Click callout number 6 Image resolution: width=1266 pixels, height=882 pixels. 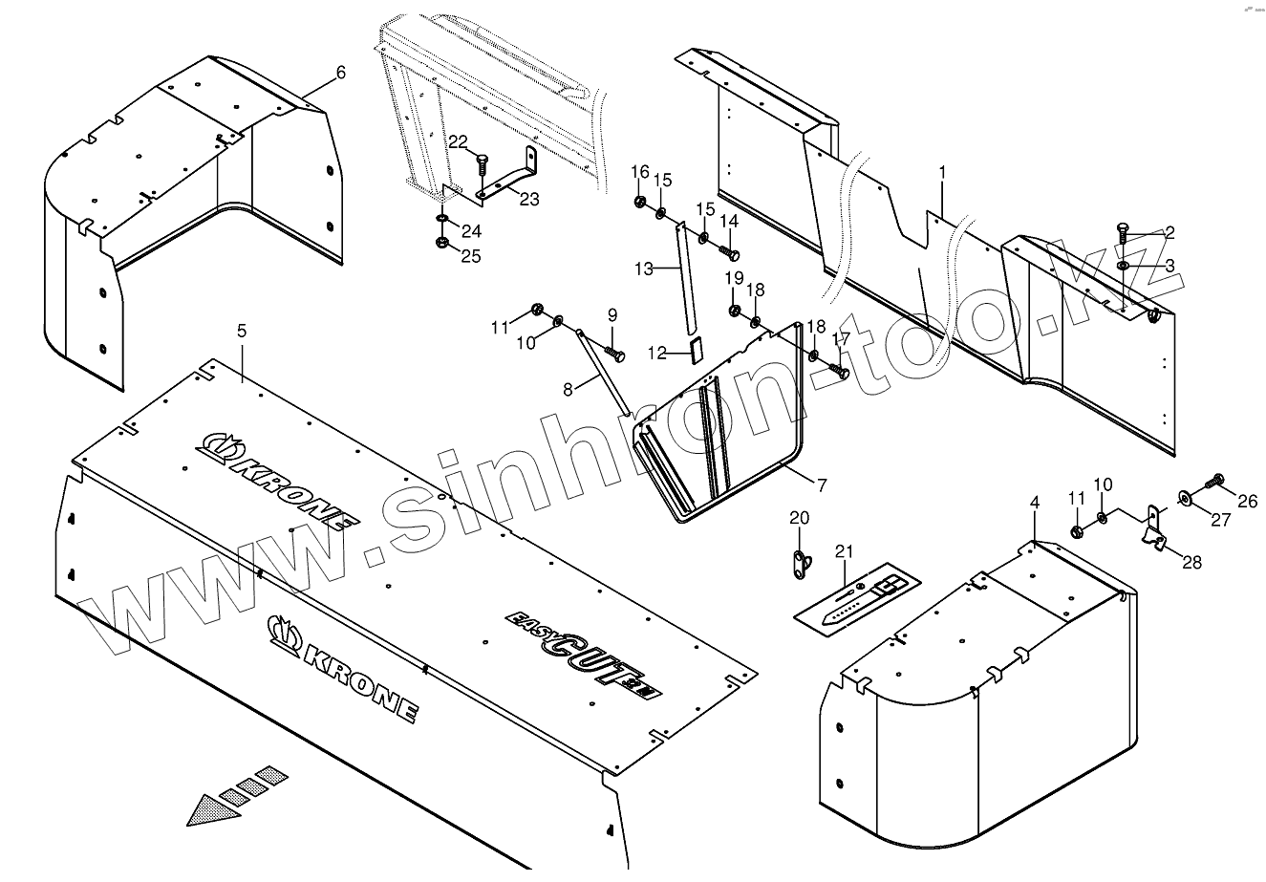click(341, 73)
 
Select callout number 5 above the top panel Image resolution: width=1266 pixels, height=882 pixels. click(242, 331)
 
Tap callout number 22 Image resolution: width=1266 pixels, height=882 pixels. click(459, 142)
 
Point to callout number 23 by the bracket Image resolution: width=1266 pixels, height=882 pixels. click(529, 199)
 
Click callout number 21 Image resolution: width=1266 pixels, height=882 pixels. click(842, 550)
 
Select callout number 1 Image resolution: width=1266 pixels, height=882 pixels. click(942, 172)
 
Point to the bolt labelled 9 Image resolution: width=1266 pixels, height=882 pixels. click(616, 355)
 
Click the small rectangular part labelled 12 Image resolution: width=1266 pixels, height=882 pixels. click(697, 351)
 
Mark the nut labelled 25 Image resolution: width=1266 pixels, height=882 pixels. click(443, 244)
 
